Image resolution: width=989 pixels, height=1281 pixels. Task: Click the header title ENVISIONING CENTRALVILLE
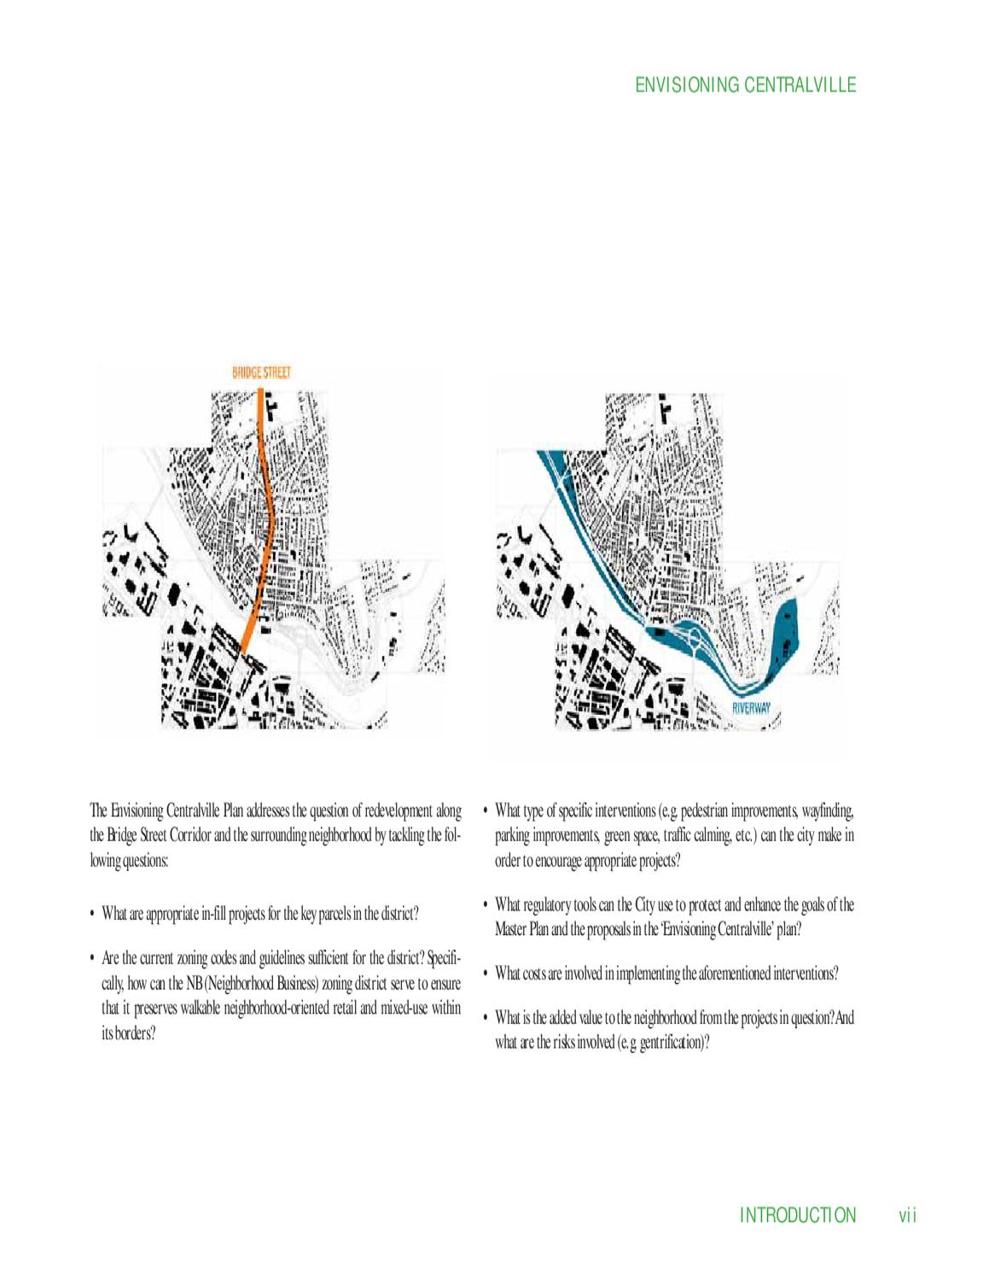click(x=745, y=85)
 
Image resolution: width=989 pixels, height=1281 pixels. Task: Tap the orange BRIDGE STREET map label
click(x=261, y=372)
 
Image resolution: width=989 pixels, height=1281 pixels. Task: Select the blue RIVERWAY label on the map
click(x=751, y=709)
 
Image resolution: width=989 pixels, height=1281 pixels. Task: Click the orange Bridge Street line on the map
click(x=269, y=518)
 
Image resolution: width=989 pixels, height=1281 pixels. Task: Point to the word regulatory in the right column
click(x=547, y=905)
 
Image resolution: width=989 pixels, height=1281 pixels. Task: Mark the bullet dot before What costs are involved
click(x=486, y=974)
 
